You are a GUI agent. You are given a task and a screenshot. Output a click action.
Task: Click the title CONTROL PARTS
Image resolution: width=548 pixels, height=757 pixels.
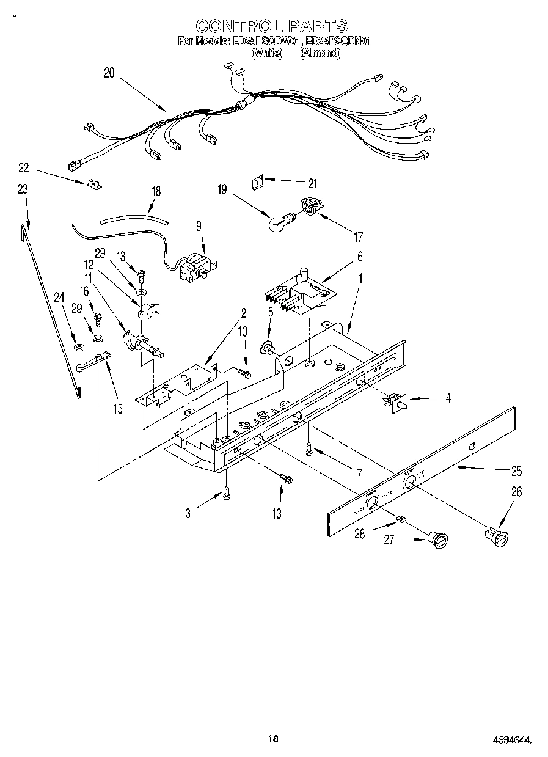click(272, 26)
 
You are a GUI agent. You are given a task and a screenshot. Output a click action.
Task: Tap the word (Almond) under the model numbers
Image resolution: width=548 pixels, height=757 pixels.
click(320, 53)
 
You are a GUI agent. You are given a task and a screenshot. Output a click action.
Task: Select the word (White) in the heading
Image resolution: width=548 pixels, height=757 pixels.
click(267, 53)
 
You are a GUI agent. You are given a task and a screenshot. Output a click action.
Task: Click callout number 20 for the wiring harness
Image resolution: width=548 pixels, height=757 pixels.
click(109, 73)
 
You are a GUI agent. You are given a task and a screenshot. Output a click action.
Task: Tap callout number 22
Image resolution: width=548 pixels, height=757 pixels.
click(23, 167)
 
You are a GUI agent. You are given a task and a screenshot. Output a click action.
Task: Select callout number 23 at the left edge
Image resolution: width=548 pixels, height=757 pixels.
click(23, 189)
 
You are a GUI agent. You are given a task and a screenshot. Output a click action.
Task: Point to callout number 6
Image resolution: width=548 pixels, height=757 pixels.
click(360, 258)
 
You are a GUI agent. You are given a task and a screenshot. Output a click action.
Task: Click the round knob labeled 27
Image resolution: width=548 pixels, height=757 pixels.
click(437, 539)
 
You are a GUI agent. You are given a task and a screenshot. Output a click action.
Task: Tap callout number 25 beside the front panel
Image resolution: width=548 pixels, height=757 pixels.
click(516, 471)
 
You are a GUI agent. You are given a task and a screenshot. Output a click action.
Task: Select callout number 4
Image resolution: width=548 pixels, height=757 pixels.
click(448, 398)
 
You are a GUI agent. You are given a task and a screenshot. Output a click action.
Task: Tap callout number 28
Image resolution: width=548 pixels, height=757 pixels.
click(359, 534)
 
